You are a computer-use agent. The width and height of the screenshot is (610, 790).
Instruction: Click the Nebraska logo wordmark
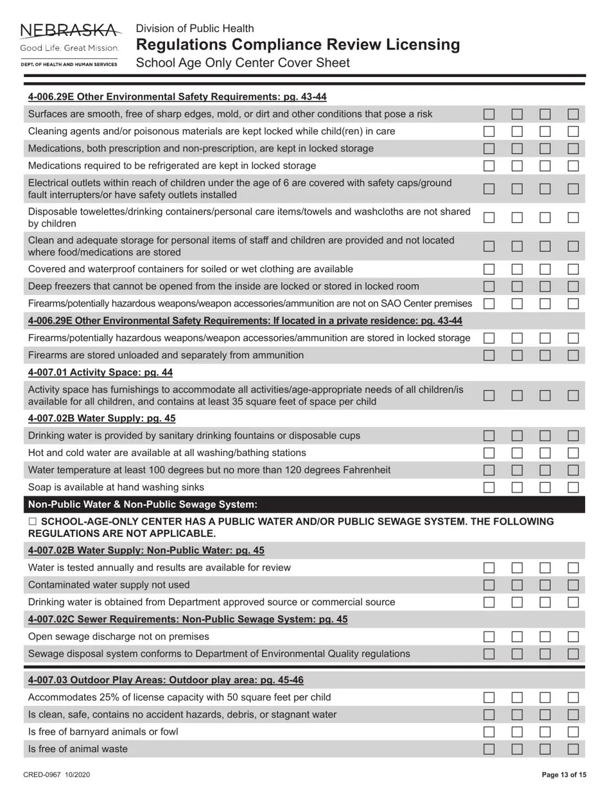pos(70,31)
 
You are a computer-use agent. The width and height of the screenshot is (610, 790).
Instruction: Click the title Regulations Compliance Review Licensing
pos(298,44)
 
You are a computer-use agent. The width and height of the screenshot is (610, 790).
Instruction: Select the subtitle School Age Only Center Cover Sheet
pos(243,63)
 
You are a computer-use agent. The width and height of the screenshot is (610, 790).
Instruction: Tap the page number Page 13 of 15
pos(564,775)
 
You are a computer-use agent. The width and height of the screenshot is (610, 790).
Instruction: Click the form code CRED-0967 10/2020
pos(57,775)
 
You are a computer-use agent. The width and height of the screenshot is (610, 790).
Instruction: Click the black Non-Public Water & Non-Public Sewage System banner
pos(304,504)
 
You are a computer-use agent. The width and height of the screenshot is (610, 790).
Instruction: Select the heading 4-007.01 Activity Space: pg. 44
pos(100,373)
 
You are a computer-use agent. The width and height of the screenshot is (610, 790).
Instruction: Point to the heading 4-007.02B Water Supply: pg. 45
pos(101,418)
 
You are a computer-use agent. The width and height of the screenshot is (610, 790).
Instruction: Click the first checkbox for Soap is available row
pos(489,487)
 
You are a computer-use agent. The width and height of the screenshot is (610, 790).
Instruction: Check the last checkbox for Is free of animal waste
pos(573,749)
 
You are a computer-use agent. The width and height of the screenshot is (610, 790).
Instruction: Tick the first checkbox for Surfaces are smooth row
pos(489,114)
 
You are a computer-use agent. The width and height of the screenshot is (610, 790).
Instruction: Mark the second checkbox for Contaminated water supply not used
pos(517,585)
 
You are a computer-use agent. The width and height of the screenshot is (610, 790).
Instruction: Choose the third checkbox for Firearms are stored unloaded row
pos(545,355)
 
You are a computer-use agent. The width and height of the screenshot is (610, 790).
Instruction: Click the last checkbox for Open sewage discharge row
pos(573,637)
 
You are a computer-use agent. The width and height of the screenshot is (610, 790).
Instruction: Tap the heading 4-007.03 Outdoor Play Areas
pos(166,680)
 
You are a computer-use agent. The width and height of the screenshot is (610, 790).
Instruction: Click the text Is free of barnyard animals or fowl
pos(103,732)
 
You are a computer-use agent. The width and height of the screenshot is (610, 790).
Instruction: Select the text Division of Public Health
pos(195,28)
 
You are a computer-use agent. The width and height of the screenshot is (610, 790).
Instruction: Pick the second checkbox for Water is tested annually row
pos(517,568)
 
